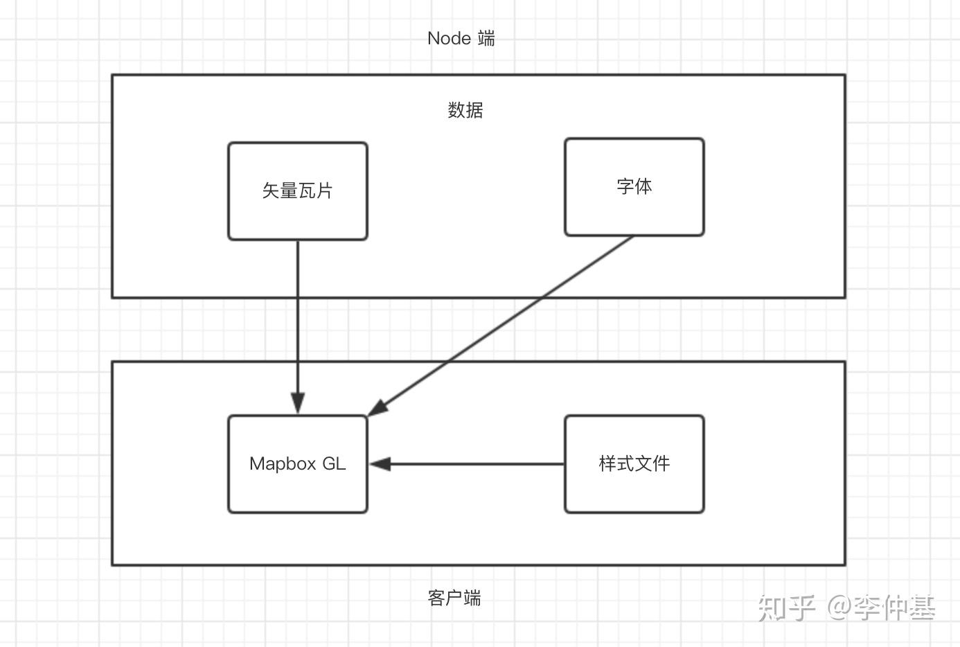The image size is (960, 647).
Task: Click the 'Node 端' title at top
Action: click(x=461, y=38)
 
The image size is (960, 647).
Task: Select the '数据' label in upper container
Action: click(x=465, y=110)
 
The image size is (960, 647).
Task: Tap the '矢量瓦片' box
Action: click(x=298, y=191)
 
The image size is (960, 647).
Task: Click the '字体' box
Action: click(x=634, y=187)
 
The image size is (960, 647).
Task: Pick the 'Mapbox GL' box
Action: click(x=298, y=464)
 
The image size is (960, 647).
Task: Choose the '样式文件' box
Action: click(x=634, y=464)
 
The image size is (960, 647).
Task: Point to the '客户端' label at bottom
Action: click(x=454, y=597)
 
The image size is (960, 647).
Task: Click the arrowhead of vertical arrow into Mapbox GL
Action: click(x=298, y=404)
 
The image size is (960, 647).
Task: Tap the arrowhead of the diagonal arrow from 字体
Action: click(x=377, y=409)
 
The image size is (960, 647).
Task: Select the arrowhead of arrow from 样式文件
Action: click(x=380, y=464)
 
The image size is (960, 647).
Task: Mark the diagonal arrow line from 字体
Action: click(x=506, y=322)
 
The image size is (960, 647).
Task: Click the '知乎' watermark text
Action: click(x=787, y=608)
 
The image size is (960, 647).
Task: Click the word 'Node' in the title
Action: click(x=449, y=38)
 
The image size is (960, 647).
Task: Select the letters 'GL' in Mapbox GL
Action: click(x=334, y=463)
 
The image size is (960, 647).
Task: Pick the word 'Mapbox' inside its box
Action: click(x=283, y=464)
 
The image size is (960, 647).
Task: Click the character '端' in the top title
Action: click(x=486, y=38)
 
